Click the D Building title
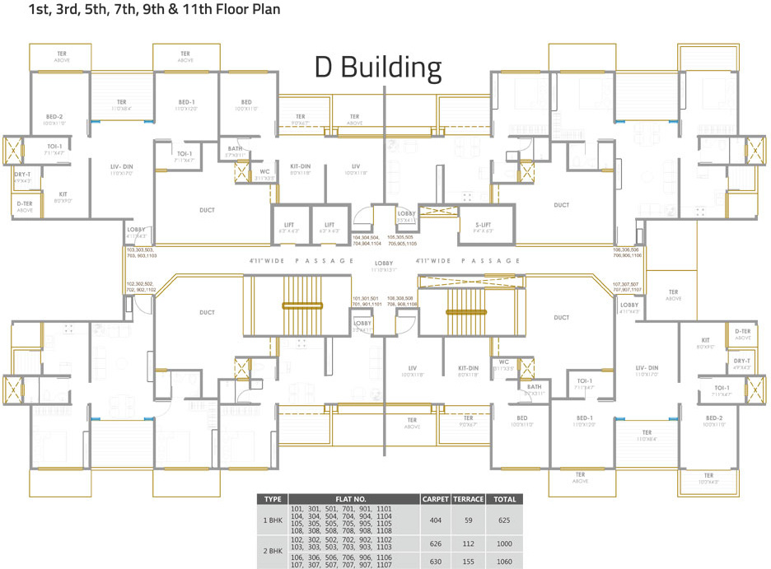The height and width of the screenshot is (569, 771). (378, 68)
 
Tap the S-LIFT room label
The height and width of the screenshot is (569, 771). (471, 225)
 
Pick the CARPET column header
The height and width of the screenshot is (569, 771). (434, 499)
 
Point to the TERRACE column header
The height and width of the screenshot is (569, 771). (469, 499)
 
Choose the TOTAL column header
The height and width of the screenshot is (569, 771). (505, 499)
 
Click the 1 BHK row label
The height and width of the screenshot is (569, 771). (271, 521)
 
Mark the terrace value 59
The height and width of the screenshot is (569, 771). (469, 521)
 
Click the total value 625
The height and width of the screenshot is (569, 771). (505, 521)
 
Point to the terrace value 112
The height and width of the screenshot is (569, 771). (469, 543)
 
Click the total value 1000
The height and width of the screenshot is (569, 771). (505, 543)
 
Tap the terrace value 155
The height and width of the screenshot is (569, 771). (469, 562)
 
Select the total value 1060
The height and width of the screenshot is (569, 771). (505, 562)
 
